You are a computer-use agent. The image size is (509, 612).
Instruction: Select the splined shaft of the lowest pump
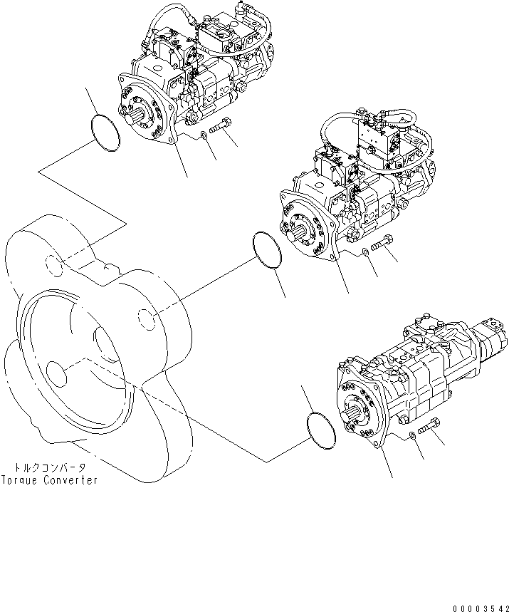click(357, 411)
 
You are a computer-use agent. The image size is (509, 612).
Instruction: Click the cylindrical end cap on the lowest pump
click(491, 338)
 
